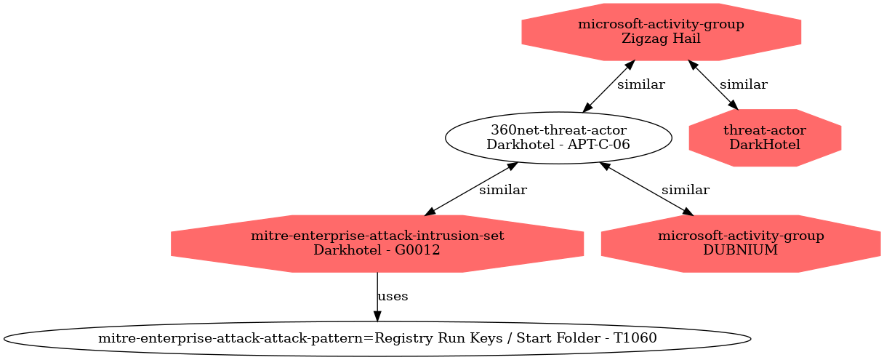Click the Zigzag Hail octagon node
tap(661, 32)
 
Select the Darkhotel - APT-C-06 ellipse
tap(558, 137)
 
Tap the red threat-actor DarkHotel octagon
tap(765, 137)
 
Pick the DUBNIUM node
tap(740, 244)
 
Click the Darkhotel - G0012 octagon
tap(377, 244)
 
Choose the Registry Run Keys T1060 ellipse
tap(377, 339)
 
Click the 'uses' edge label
tap(393, 296)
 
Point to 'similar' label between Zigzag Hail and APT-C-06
tap(641, 84)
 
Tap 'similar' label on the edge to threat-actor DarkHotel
tap(744, 84)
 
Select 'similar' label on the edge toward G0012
tap(503, 191)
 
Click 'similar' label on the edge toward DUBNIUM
tap(686, 191)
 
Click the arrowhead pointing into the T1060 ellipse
tap(377, 316)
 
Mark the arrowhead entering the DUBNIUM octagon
tap(688, 212)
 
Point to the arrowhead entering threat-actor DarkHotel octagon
tap(734, 105)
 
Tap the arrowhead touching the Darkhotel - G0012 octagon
tap(430, 212)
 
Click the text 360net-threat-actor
tap(558, 130)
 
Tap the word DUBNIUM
tap(740, 250)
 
